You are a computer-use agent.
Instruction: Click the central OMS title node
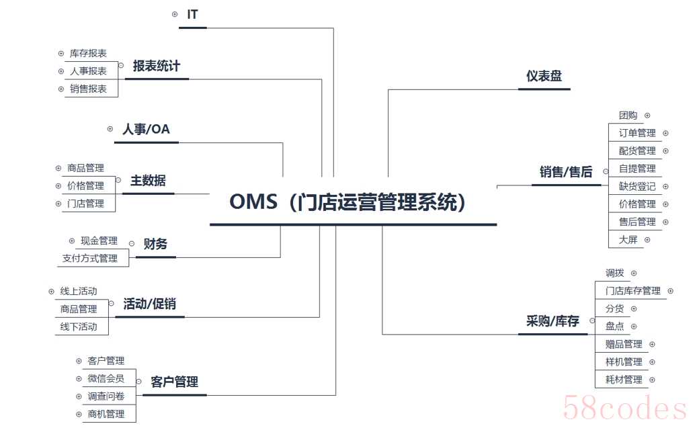347,202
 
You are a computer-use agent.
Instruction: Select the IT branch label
192,15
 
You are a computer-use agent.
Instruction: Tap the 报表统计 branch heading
157,67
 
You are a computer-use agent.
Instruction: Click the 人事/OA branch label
147,129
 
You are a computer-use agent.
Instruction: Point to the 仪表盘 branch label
544,76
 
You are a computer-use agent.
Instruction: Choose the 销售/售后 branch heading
566,171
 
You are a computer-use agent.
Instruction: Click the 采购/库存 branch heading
552,321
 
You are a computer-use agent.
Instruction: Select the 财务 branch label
155,243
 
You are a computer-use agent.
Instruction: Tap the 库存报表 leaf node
89,53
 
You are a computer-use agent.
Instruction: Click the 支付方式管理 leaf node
90,258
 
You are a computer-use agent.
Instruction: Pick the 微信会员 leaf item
106,378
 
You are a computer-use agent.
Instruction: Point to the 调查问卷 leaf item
106,396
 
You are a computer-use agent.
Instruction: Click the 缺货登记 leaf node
637,186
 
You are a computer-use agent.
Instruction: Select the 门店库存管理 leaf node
633,291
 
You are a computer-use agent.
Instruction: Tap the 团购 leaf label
628,116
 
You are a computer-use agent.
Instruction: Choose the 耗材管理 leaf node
624,380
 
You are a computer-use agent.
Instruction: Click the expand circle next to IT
175,15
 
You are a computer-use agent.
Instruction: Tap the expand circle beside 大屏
647,240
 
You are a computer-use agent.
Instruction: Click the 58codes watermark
625,408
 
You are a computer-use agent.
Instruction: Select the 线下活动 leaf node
79,327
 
